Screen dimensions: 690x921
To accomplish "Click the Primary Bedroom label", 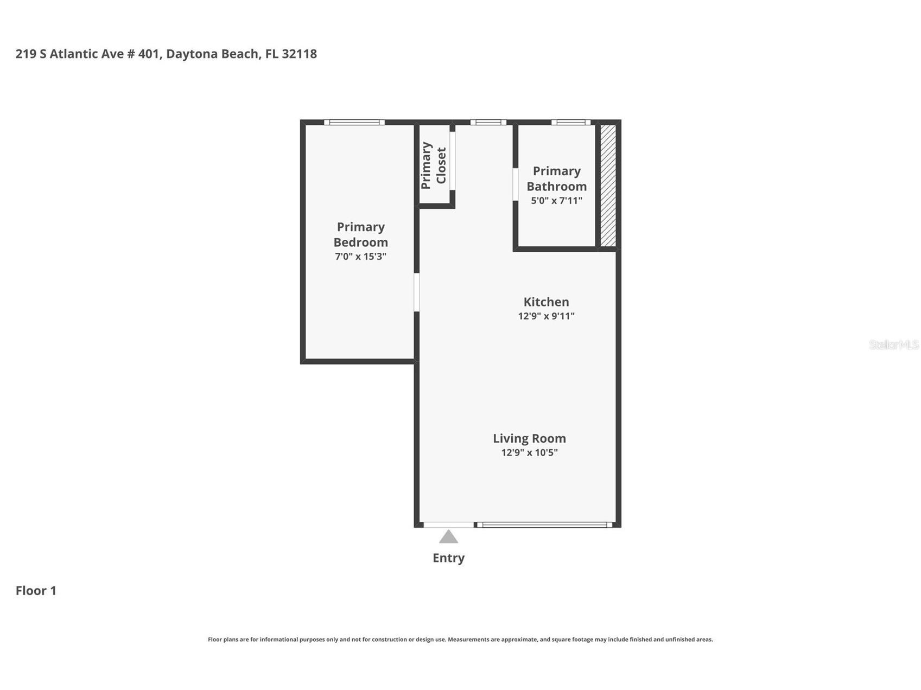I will click(360, 234).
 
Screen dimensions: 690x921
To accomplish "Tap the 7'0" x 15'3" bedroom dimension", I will click(360, 257).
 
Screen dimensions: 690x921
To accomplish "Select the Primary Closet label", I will click(434, 165).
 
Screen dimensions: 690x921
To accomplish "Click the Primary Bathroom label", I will click(556, 178).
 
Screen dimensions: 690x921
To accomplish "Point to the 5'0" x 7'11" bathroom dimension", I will click(556, 201).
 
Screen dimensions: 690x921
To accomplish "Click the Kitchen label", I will click(546, 302).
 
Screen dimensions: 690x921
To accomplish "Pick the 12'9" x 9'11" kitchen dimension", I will click(546, 316).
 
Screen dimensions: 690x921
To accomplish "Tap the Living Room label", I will click(529, 438).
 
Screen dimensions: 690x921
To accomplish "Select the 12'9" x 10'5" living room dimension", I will click(529, 452).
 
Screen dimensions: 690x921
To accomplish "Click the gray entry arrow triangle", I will click(448, 538).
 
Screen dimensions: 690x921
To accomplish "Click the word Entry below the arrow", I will click(448, 558).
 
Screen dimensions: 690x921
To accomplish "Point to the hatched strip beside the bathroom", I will click(608, 186).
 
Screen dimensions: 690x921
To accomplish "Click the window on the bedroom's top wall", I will click(354, 123).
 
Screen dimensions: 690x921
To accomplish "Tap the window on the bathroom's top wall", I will click(571, 123).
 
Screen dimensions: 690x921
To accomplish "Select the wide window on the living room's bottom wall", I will click(544, 525).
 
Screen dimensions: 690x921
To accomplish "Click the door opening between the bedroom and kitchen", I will click(416, 292).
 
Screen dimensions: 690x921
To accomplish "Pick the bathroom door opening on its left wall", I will click(515, 184).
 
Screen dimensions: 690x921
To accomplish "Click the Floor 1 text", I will click(36, 591).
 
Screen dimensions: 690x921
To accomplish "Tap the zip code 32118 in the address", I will click(299, 54).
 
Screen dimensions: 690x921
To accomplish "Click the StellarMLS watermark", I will click(893, 344).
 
